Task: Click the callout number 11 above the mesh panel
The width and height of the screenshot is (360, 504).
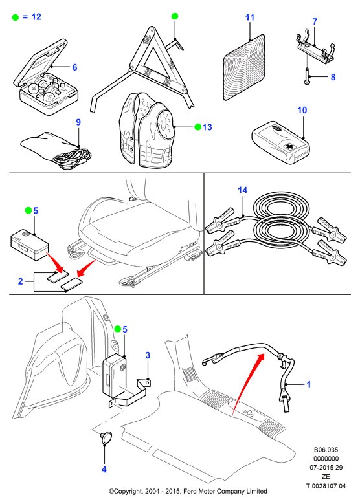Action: (x=250, y=17)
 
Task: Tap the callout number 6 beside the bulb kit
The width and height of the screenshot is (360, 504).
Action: (x=74, y=67)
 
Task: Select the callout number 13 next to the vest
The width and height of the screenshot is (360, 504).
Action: (x=207, y=127)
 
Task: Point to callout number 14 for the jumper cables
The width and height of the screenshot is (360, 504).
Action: (x=243, y=190)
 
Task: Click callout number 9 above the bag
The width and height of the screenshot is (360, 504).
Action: (x=78, y=122)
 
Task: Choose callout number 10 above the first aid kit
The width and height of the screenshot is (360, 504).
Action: (x=302, y=110)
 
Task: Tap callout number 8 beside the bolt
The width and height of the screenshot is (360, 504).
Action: (x=333, y=77)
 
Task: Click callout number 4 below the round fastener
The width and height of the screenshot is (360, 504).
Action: (x=104, y=469)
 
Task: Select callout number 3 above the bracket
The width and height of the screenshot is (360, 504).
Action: (x=148, y=355)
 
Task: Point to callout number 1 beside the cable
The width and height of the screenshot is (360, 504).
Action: (x=309, y=384)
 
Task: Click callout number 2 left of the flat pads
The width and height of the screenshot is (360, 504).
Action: (x=21, y=281)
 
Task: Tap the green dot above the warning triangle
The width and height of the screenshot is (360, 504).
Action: (x=175, y=16)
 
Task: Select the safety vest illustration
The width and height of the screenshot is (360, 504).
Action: (x=147, y=130)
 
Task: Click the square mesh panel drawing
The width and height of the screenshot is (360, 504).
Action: (x=245, y=67)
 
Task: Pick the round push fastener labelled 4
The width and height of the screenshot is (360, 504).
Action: (x=106, y=438)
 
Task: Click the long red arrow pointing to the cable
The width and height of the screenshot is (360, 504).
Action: (x=248, y=384)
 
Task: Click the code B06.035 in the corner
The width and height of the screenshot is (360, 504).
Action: (x=326, y=450)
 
